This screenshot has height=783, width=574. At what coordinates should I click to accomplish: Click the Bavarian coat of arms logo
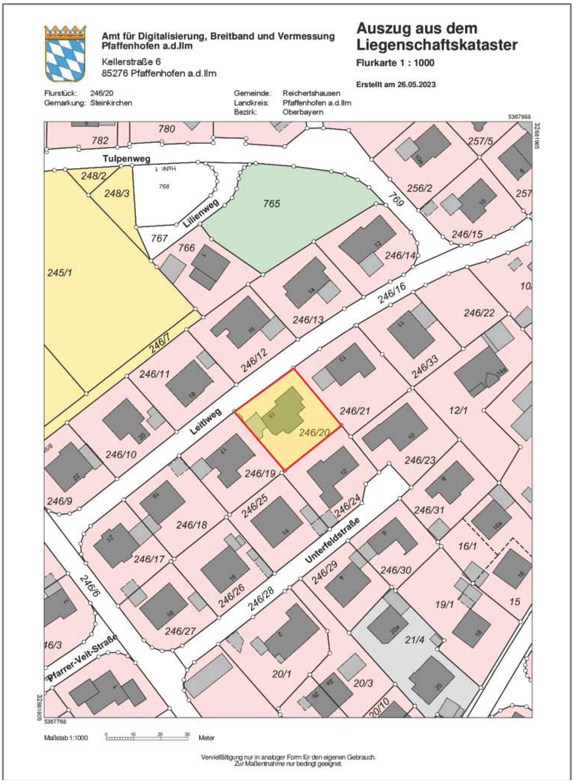65,54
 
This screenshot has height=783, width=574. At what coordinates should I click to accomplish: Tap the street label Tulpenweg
127,159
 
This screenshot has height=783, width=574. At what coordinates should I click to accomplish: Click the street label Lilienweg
201,213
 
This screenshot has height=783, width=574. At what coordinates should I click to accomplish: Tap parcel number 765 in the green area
271,203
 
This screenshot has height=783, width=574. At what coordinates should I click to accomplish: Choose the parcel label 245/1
59,272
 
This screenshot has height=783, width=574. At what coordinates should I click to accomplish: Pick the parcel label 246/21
354,411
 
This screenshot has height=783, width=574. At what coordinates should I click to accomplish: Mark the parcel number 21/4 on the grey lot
415,639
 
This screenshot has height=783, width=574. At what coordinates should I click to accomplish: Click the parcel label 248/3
117,193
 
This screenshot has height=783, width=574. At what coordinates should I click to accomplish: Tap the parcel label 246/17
149,559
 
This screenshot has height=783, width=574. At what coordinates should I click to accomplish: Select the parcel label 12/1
458,410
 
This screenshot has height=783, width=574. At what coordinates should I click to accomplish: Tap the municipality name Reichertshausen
311,93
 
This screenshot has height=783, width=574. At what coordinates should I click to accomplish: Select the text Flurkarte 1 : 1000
395,63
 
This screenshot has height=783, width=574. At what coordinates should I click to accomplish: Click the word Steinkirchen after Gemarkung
111,103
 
